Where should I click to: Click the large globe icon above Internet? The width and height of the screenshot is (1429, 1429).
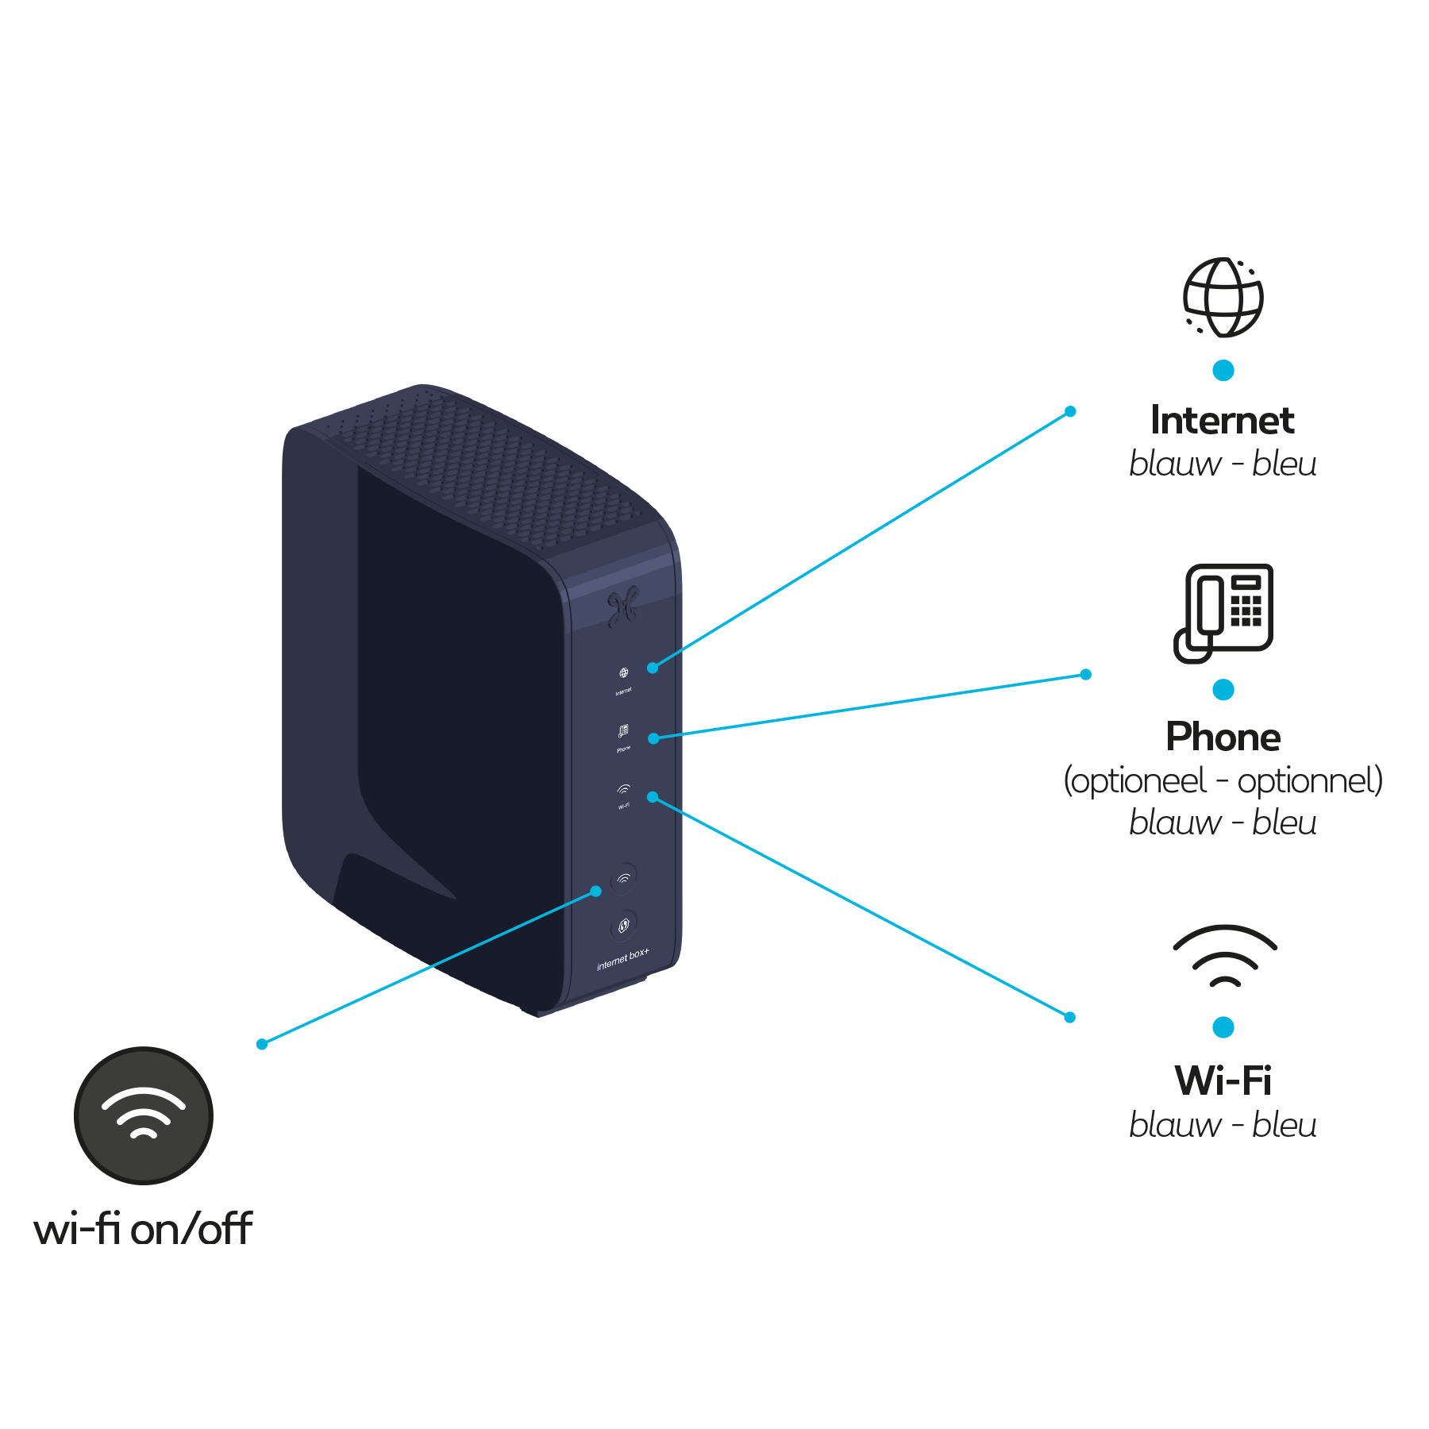point(1223,298)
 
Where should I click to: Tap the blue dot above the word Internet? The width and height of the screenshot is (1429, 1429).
point(1223,371)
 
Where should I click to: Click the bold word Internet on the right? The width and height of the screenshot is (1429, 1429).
point(1223,420)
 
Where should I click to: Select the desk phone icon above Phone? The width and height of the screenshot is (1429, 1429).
point(1224,612)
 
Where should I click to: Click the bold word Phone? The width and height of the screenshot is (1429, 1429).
point(1223,738)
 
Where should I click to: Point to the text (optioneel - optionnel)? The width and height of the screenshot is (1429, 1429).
point(1223,781)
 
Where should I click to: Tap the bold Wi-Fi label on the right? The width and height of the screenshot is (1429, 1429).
point(1223,1080)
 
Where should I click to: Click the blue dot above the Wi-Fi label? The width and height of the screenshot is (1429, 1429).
point(1223,1027)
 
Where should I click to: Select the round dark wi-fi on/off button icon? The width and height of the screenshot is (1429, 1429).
point(144,1115)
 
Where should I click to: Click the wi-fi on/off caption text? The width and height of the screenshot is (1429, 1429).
point(143,1228)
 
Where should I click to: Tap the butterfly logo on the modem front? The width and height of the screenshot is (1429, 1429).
point(623,607)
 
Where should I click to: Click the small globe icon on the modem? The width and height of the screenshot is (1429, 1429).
point(623,673)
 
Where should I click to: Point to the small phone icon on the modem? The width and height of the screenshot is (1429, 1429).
point(623,730)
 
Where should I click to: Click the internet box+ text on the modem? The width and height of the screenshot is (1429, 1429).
point(623,959)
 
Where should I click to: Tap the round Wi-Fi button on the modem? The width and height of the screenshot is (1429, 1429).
point(624,878)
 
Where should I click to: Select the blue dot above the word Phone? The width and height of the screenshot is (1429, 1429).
point(1223,690)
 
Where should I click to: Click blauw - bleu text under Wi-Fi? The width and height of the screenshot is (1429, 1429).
point(1223,1125)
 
